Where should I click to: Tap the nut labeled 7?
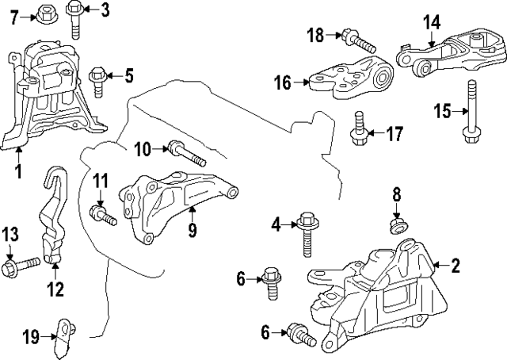click(x=44, y=12)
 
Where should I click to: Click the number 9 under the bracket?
click(x=191, y=232)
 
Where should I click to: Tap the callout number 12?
click(x=54, y=289)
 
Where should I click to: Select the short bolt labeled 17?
click(x=358, y=131)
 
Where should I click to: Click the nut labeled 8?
click(x=398, y=225)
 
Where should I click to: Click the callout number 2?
click(x=456, y=266)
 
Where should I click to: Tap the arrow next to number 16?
click(x=301, y=81)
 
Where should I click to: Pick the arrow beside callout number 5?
click(x=112, y=76)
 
